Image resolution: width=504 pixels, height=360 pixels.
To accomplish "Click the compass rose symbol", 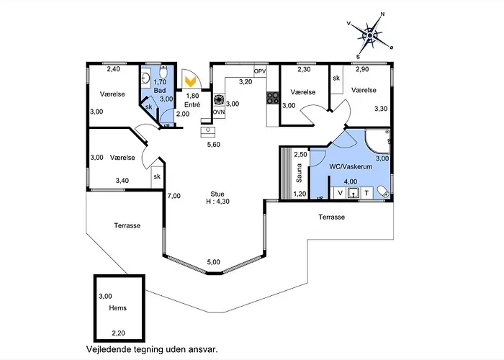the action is (370, 35).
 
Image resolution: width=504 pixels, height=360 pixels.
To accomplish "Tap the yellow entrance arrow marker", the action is (190, 81).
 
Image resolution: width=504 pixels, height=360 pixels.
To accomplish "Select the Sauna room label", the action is (299, 174).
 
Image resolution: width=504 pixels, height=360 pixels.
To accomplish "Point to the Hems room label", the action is (117, 308).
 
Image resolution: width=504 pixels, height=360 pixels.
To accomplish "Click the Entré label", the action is (192, 105).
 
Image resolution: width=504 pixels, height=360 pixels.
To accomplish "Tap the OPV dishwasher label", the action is (260, 71).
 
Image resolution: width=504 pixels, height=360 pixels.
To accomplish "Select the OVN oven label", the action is (219, 112).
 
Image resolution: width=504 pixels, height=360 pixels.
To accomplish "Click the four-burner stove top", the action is (273, 98).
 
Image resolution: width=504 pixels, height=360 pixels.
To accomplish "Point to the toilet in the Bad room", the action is (163, 72).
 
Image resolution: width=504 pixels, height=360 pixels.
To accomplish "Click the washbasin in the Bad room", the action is (145, 78).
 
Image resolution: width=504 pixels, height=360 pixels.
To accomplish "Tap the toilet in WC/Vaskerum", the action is (383, 192).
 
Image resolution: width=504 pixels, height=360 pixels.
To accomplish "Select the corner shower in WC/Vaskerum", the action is (377, 140).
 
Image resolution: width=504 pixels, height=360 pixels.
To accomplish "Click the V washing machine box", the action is (340, 193).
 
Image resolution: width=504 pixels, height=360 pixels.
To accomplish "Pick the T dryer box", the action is (366, 193).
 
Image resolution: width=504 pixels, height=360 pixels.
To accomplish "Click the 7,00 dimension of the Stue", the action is (174, 196).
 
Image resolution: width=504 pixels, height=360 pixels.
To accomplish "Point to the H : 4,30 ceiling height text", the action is (217, 202).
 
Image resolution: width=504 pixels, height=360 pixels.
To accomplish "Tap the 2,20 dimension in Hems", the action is (118, 333).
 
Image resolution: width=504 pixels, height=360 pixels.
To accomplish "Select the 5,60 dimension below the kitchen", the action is (213, 145).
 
